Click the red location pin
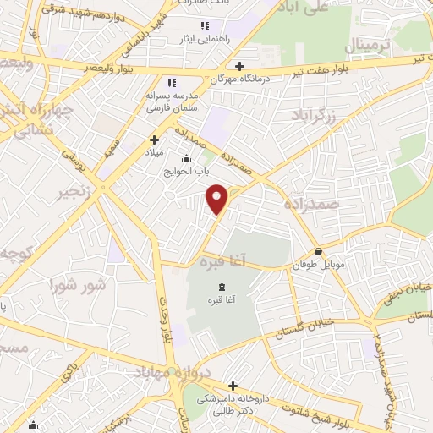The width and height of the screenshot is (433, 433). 218,199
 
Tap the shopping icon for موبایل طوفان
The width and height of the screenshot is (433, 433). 318,251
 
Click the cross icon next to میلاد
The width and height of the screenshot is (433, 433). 154,140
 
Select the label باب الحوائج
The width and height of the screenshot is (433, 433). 186,171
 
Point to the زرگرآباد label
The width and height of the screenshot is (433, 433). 322,117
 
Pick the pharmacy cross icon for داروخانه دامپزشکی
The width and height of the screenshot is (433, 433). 233,386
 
